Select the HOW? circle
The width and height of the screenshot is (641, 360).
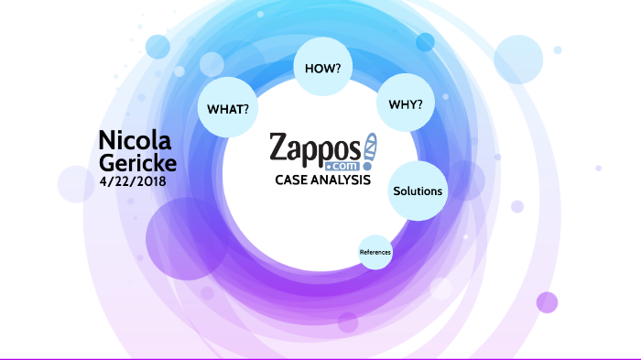[x=322, y=69]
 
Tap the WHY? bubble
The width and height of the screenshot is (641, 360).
[x=406, y=104]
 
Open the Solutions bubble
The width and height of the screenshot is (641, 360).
[x=418, y=191]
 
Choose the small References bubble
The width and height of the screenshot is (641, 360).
[x=375, y=251]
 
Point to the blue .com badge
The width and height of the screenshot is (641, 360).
[x=338, y=166]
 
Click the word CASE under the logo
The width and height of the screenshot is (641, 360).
[x=294, y=180]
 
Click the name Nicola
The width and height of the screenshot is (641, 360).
[x=135, y=139]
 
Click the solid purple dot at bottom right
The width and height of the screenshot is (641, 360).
[x=547, y=302]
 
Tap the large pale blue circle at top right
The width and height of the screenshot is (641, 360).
[x=519, y=60]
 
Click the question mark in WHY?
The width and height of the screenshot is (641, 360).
[x=419, y=104]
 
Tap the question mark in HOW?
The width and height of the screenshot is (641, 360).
[x=337, y=69]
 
